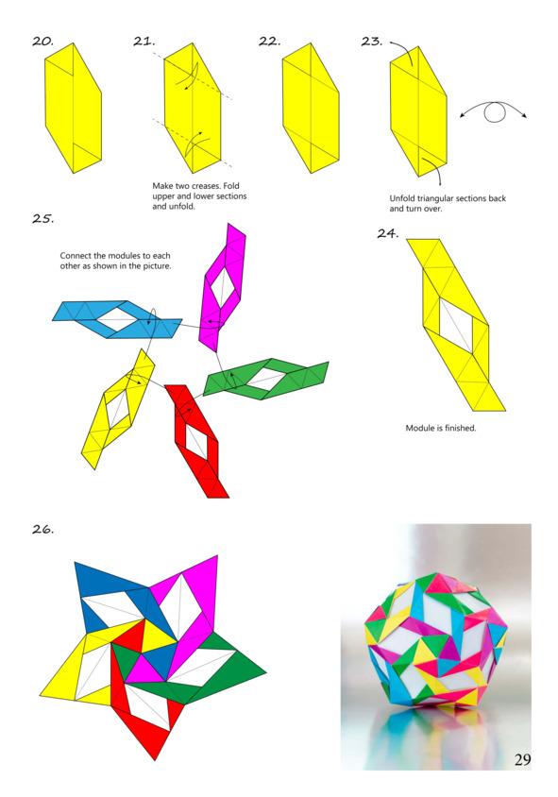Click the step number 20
[x=42, y=42]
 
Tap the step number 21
[x=144, y=42]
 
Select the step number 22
[x=269, y=42]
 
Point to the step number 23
[x=371, y=42]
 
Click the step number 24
[x=387, y=233]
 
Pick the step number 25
[x=42, y=218]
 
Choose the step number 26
[x=42, y=529]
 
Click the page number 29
[x=522, y=759]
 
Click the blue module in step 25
[x=117, y=320]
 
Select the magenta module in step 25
[x=222, y=288]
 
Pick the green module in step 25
[x=266, y=380]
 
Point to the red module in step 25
[x=197, y=441]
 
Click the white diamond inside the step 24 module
[x=456, y=325]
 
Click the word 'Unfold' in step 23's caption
[x=402, y=198]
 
